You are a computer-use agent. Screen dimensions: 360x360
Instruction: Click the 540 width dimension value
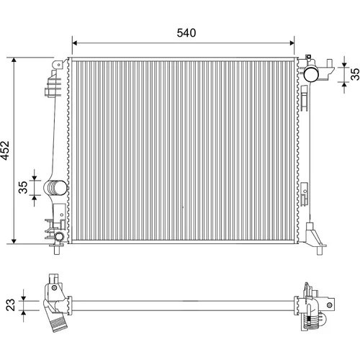[x=186, y=33]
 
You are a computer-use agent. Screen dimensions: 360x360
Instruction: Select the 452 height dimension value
[x=5, y=150]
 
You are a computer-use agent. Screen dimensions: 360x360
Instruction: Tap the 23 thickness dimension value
[x=11, y=305]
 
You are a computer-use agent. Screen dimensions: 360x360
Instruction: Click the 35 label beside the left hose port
[x=23, y=187]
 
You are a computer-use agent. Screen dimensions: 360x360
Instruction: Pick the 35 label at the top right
[x=355, y=74]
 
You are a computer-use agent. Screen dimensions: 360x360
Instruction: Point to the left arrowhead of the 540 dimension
[x=74, y=43]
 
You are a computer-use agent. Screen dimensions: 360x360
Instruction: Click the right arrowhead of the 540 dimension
[x=292, y=43]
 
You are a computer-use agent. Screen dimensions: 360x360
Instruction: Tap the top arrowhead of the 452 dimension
[x=14, y=60]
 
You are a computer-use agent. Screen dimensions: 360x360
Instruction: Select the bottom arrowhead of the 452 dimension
[x=14, y=241]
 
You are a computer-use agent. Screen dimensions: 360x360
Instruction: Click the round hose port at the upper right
[x=311, y=74]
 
